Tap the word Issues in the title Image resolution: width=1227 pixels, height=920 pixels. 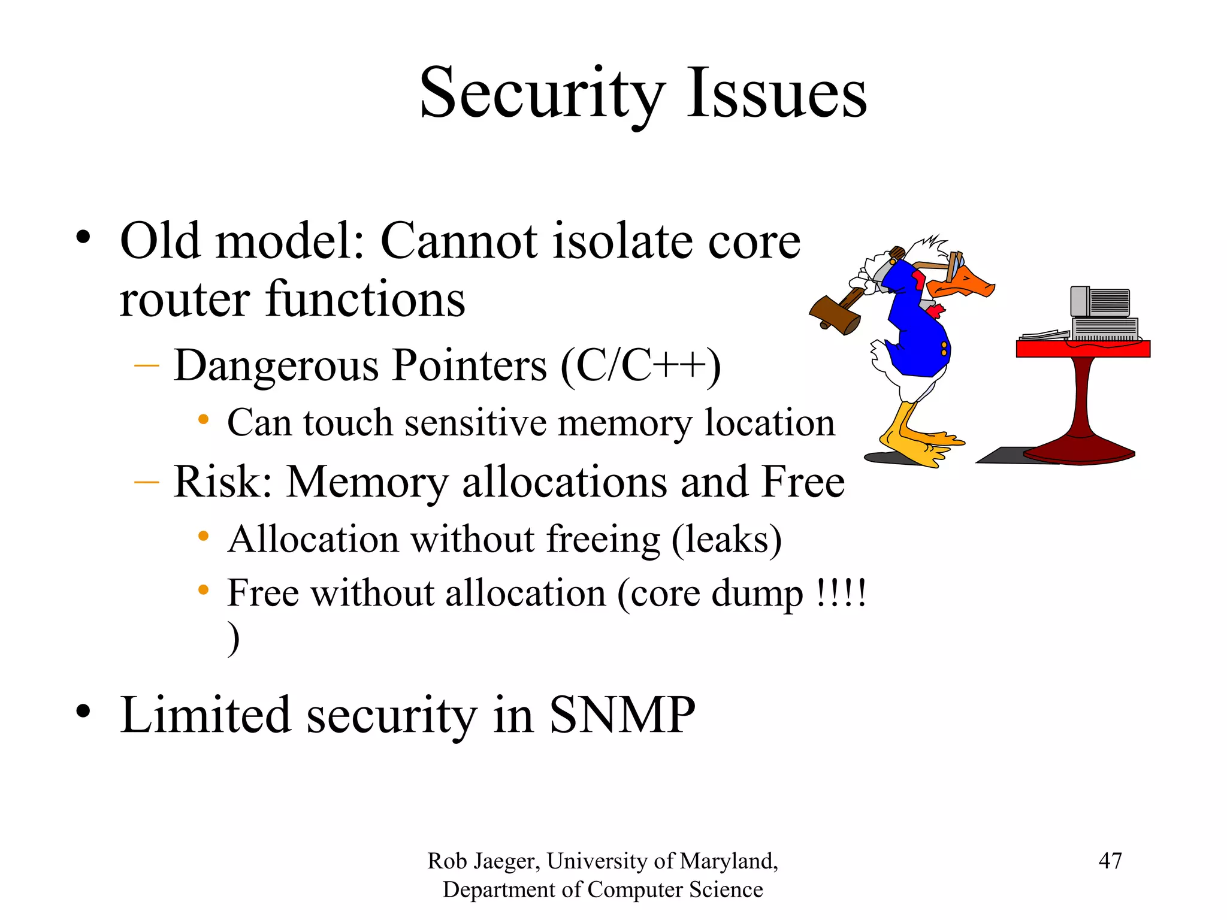tap(776, 95)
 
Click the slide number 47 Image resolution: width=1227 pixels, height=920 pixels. tap(1110, 861)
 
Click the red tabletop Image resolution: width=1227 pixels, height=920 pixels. tap(1083, 349)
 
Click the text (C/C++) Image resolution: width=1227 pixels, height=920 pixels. tap(640, 366)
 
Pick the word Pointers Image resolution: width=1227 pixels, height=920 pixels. tap(469, 366)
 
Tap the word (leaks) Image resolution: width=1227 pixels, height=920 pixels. tap(726, 540)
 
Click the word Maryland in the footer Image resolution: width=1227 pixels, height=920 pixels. tap(729, 861)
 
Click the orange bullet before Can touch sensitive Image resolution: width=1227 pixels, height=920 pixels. tap(204, 420)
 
